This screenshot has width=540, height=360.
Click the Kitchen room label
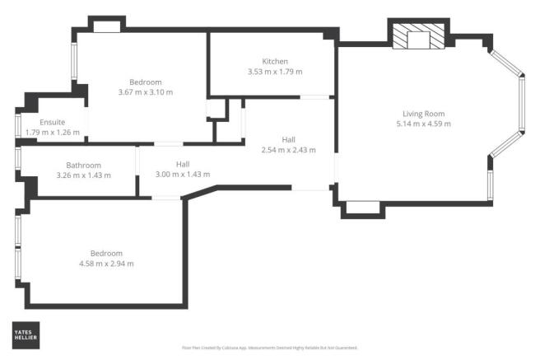(x=275, y=62)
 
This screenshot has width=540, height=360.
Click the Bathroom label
(x=83, y=165)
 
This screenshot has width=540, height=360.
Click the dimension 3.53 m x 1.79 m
(x=275, y=72)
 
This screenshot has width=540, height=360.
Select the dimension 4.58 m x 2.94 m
(x=106, y=264)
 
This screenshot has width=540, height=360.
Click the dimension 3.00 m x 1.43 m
(x=182, y=175)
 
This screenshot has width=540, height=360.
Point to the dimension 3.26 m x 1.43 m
(x=83, y=175)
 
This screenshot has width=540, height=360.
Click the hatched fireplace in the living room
(x=417, y=37)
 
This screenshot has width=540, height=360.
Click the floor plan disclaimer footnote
(x=269, y=348)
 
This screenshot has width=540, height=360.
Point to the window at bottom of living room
(x=359, y=207)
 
